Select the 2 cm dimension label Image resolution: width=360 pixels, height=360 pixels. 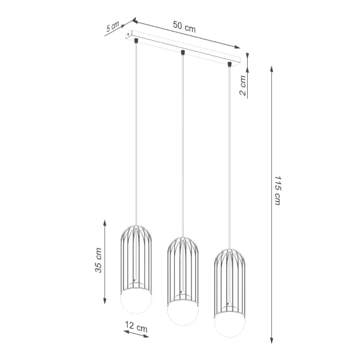click(243, 86)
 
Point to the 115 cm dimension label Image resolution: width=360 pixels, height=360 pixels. click(277, 191)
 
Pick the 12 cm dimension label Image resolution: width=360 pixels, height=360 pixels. click(134, 328)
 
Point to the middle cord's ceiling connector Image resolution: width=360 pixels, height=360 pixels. click(183, 53)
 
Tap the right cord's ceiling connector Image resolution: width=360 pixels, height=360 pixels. click(230, 64)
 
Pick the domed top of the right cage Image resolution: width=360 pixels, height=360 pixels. click(230, 253)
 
